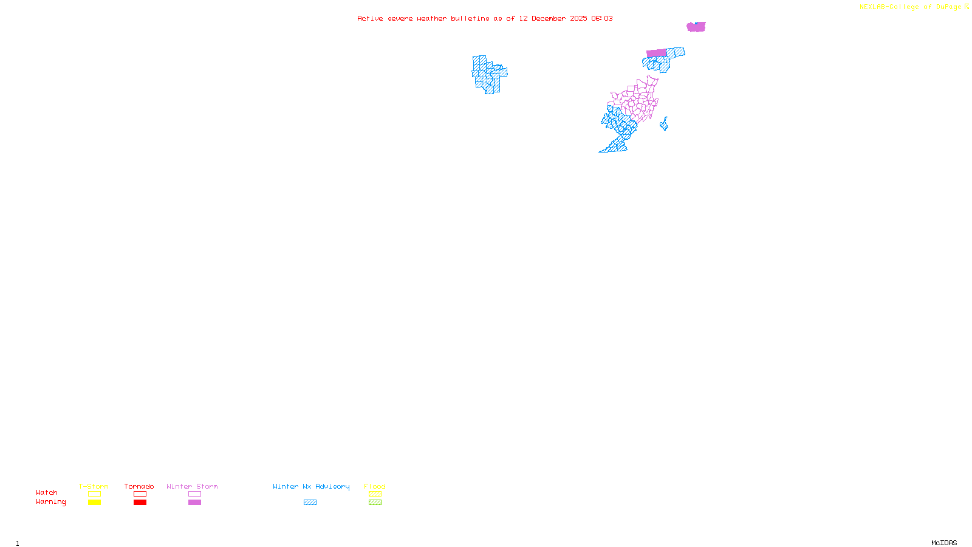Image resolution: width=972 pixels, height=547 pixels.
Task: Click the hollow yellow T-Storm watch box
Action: coord(94,494)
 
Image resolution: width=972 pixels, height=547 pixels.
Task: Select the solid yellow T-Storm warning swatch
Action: coord(94,503)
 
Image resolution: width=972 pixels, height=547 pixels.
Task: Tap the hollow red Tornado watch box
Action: coord(140,494)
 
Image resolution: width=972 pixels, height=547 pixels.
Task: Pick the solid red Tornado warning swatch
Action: coord(140,503)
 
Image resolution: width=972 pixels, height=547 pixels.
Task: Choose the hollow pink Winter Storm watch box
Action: coord(194,494)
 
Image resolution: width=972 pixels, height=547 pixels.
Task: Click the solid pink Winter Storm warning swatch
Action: coord(194,503)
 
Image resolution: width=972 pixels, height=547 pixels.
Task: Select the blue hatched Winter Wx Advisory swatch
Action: coord(310,503)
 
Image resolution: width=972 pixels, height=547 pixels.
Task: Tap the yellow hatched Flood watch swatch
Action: coord(375,494)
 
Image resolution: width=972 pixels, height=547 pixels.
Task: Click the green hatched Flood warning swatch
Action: coord(375,503)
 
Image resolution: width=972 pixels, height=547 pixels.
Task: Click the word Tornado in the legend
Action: coord(139,486)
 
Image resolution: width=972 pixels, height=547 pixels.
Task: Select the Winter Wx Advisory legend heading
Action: coord(311,486)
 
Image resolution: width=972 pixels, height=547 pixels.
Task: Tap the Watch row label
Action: coord(47,493)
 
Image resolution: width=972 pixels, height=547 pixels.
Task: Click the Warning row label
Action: coord(51,502)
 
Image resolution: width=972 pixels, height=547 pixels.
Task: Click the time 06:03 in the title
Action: coord(602,19)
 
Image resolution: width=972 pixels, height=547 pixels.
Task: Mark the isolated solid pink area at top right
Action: coord(696,27)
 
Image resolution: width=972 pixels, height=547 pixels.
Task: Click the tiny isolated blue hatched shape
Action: coord(664,125)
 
